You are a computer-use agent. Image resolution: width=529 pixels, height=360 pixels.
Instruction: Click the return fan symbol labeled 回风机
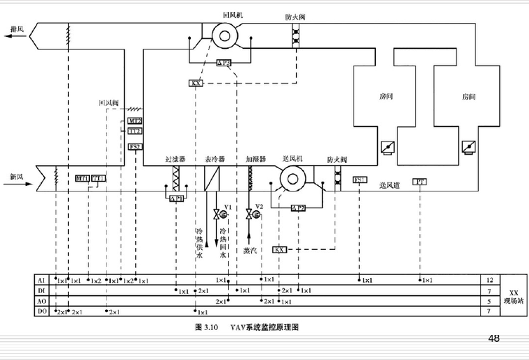tap(225, 36)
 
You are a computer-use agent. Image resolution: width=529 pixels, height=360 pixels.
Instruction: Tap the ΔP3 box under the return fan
tap(223, 63)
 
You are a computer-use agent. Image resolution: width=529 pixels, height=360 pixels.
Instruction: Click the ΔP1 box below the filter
tap(177, 198)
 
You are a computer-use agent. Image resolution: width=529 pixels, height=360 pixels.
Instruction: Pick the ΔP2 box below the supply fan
tap(299, 208)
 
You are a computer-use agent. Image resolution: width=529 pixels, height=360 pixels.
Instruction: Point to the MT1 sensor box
tap(83, 179)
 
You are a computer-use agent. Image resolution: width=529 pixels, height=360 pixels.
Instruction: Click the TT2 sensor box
tap(135, 130)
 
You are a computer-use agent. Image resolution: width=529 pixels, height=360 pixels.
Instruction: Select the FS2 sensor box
tap(135, 146)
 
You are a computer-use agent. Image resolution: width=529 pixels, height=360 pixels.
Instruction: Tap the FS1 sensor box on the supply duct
tap(360, 180)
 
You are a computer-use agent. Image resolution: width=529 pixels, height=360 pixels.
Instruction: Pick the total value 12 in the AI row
tap(490, 279)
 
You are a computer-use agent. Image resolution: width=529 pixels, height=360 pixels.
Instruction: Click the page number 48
tap(494, 339)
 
